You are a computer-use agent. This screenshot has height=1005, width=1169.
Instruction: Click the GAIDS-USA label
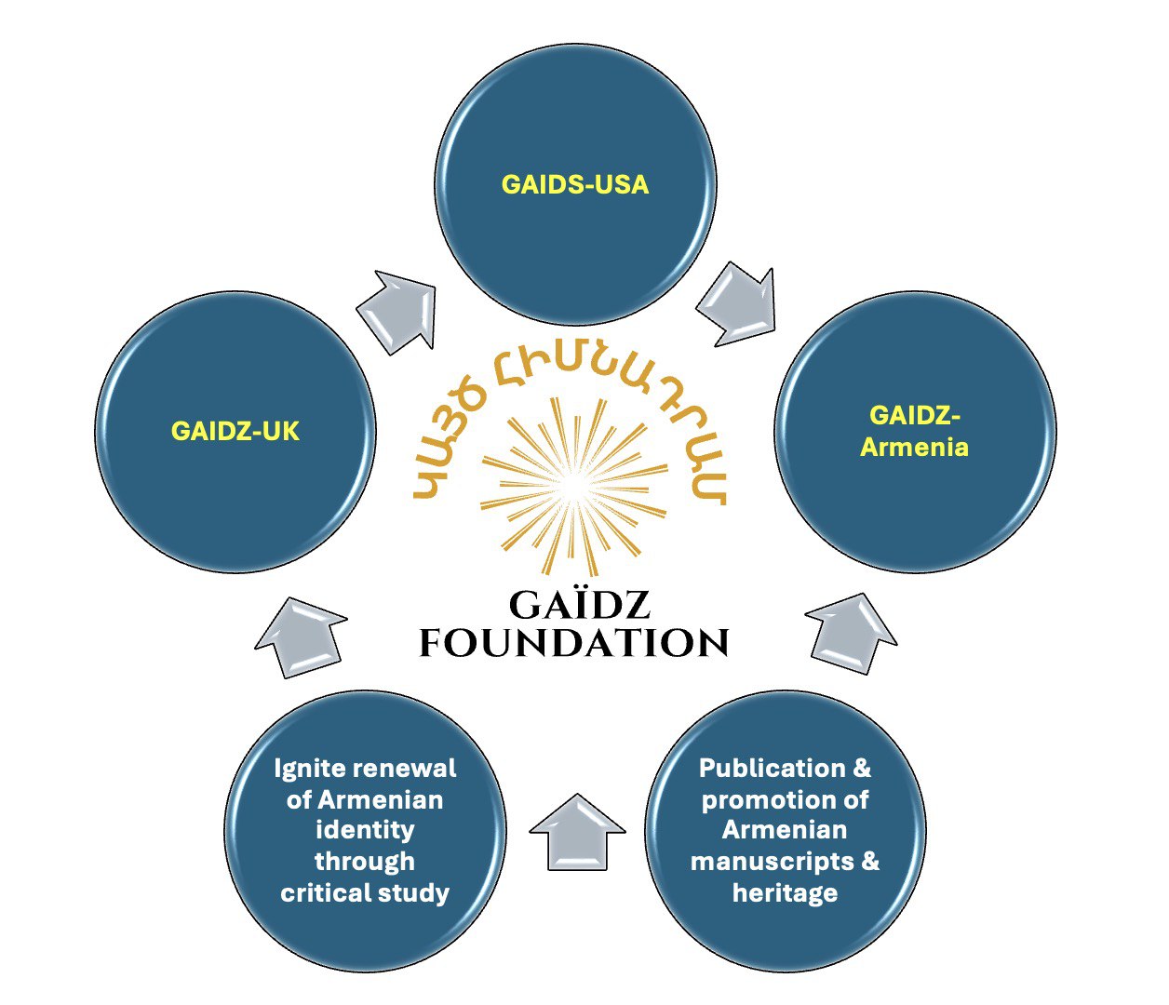pyautogui.click(x=574, y=184)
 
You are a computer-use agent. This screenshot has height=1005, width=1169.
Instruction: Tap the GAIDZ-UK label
pyautogui.click(x=235, y=431)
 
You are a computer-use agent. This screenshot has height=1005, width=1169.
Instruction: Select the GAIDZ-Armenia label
pyautogui.click(x=914, y=431)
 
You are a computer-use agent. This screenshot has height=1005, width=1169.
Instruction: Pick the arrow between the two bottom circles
pyautogui.click(x=577, y=831)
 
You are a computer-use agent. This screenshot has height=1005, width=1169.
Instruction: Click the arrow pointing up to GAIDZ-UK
pyautogui.click(x=300, y=636)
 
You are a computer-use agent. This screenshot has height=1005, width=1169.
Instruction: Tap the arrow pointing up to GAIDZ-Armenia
pyautogui.click(x=851, y=633)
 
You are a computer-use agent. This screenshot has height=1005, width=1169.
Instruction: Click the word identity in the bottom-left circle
pyautogui.click(x=365, y=830)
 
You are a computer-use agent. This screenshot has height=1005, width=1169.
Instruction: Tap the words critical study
pyautogui.click(x=365, y=893)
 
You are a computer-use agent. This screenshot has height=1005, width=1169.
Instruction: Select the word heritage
pyautogui.click(x=785, y=893)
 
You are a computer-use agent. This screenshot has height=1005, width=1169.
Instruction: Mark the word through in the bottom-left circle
pyautogui.click(x=365, y=862)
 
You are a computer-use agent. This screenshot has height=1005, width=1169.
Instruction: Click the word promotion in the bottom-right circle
pyautogui.click(x=762, y=800)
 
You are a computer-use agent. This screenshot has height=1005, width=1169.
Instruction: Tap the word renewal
pyautogui.click(x=400, y=769)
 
